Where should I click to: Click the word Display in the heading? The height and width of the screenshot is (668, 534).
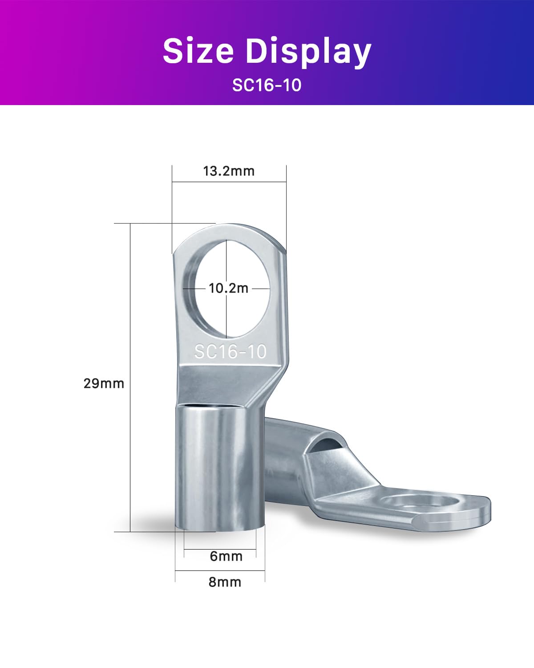coord(308,52)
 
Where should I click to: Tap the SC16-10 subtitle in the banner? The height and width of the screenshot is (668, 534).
coord(267,85)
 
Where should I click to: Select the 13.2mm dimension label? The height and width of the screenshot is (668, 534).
coord(229,171)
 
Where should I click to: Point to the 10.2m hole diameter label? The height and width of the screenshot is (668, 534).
coord(228,288)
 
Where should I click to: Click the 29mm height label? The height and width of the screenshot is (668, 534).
coord(104,383)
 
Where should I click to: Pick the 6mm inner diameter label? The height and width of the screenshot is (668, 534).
coord(226,556)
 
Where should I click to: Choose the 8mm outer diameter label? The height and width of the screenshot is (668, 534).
coord(225,582)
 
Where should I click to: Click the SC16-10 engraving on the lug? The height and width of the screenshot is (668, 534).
coord(230,352)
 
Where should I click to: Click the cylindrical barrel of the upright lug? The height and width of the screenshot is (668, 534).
coord(220,468)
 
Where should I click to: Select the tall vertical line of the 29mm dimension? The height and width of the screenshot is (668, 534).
coord(130,379)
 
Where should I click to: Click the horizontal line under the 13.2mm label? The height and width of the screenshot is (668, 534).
coord(229,182)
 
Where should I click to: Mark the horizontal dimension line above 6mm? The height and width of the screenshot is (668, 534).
coord(220,550)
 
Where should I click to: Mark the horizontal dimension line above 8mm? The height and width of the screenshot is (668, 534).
coord(220,570)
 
